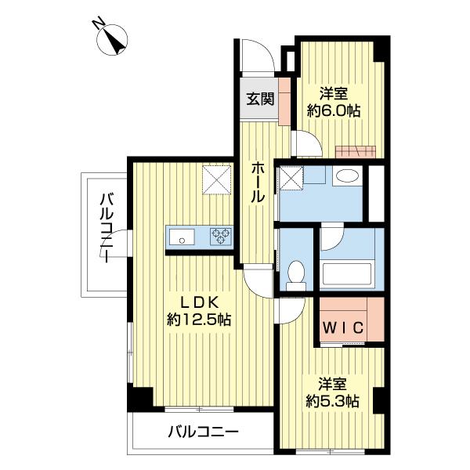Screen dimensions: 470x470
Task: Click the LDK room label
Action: [x=199, y=303]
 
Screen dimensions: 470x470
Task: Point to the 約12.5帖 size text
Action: [x=199, y=320]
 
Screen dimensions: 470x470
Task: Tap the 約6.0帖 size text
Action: [x=334, y=111]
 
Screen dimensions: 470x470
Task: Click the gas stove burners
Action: [x=220, y=234]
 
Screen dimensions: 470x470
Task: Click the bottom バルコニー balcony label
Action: [x=203, y=432]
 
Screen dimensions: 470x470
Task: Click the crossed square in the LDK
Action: [x=216, y=181]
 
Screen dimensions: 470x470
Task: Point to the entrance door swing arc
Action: [x=256, y=55]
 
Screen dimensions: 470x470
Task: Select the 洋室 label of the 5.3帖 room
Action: [x=333, y=384]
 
